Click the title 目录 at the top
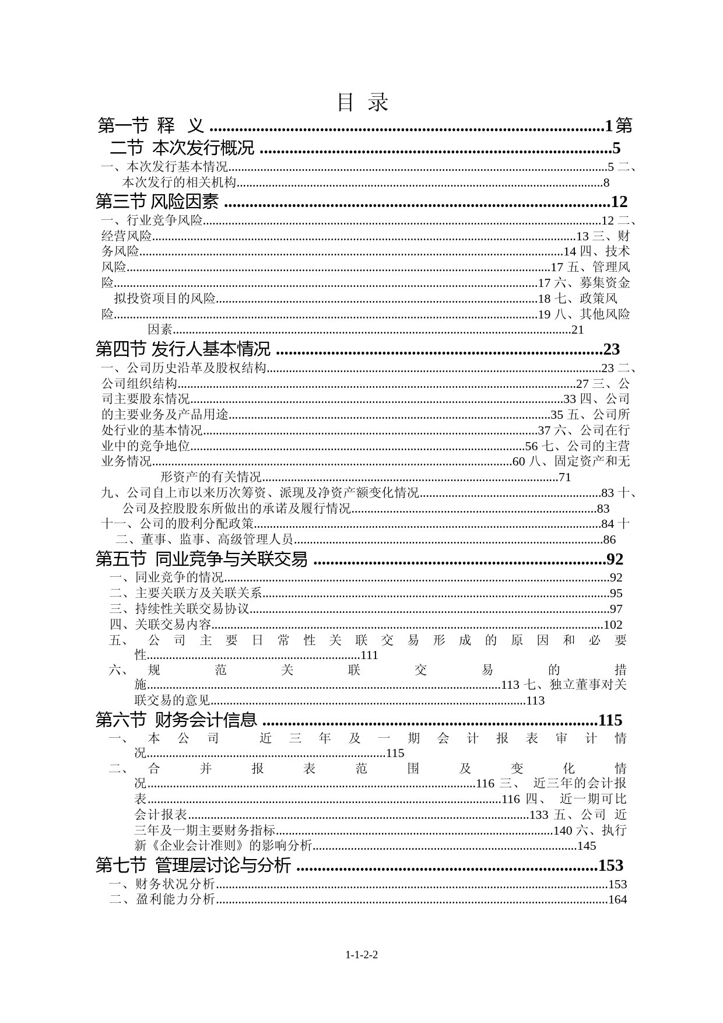pos(362,103)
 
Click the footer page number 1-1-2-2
pos(361,955)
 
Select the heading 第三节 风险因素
pos(157,202)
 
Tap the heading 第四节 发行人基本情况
pos(182,349)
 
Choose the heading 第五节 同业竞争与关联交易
pos(201,559)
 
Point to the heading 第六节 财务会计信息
pos(176,720)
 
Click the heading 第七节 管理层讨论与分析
pos(193,865)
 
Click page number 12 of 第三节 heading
pos(619,202)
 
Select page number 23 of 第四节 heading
pos(611,350)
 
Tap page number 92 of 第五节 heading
pos(615,560)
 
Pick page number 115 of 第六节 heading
pos(610,721)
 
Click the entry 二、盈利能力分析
pos(162,899)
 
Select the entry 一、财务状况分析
pos(162,884)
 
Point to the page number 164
pos(617,899)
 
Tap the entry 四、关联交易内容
pos(160,625)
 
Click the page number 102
pos(613,625)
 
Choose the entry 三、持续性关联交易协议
pos(180,609)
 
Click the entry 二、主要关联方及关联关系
pos(186,594)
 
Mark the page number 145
pos(587,846)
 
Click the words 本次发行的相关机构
pos(179,183)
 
